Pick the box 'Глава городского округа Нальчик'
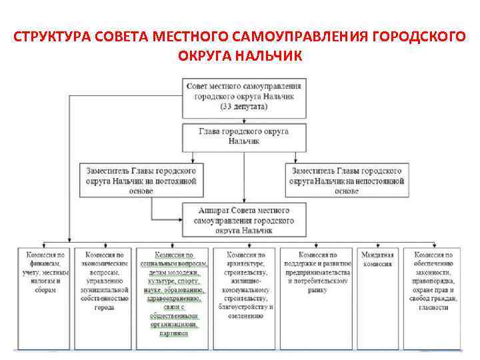(x=243, y=137)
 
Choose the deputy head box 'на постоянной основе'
(x=141, y=180)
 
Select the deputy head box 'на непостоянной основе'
(x=346, y=180)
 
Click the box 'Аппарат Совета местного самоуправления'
(x=243, y=220)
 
